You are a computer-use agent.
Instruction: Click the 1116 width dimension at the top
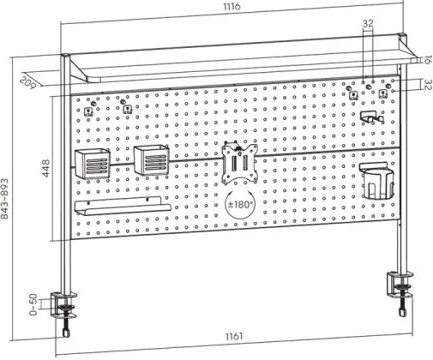point(232,6)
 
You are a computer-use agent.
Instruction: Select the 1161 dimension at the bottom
point(234,336)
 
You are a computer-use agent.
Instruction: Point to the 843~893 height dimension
point(5,199)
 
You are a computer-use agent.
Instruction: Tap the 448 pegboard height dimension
point(45,168)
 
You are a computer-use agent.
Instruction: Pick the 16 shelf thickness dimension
point(427,60)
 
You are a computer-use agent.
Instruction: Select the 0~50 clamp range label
point(33,304)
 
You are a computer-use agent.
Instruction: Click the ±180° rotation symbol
point(240,204)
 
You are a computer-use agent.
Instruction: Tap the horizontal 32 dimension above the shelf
point(368,23)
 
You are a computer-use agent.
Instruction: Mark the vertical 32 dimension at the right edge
point(427,85)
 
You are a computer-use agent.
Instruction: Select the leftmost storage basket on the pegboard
point(93,164)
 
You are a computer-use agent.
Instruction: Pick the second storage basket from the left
point(152,159)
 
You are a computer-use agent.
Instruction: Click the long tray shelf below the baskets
point(123,206)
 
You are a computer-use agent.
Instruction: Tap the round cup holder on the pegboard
point(377,181)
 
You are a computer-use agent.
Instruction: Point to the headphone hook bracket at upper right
point(371,117)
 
